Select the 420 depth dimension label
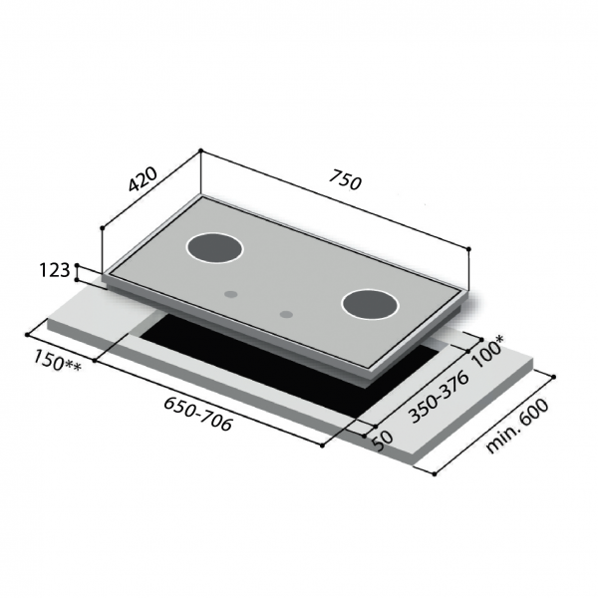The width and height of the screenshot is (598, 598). [143, 179]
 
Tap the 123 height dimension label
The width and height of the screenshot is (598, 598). [56, 270]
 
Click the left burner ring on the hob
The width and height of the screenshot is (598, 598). [214, 249]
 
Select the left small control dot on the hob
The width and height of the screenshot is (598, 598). [231, 294]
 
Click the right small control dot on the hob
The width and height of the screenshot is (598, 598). [287, 315]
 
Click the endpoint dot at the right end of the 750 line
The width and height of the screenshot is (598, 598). [469, 248]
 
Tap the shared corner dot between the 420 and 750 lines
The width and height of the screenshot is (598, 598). [200, 151]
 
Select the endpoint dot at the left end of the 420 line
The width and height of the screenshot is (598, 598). [102, 228]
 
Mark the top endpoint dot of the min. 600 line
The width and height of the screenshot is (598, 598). [552, 376]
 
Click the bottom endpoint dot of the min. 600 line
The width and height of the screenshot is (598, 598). [435, 474]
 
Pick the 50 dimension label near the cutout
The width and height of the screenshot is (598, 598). [380, 440]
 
